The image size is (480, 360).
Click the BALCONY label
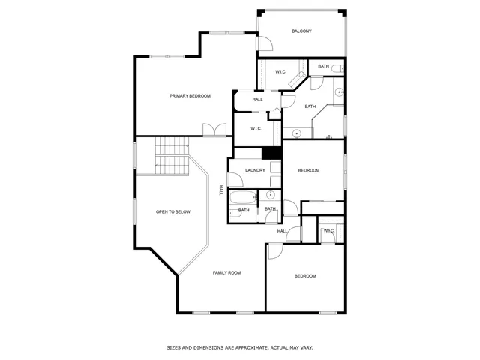(x=301, y=31)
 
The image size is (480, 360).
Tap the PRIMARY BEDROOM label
(x=190, y=96)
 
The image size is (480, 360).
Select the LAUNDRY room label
(x=255, y=171)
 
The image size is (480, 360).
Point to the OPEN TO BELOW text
(x=173, y=212)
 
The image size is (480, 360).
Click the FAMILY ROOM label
(x=226, y=273)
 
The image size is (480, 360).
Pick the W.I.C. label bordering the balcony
(x=281, y=72)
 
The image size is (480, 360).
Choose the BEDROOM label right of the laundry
(x=309, y=171)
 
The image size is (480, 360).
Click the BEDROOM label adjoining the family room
(x=305, y=277)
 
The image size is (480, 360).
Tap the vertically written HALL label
(x=221, y=190)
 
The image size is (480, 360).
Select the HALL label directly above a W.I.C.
(x=257, y=100)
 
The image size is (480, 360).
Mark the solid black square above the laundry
(x=271, y=152)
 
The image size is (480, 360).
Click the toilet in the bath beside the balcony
(x=337, y=69)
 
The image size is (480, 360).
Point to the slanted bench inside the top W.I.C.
(x=297, y=79)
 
